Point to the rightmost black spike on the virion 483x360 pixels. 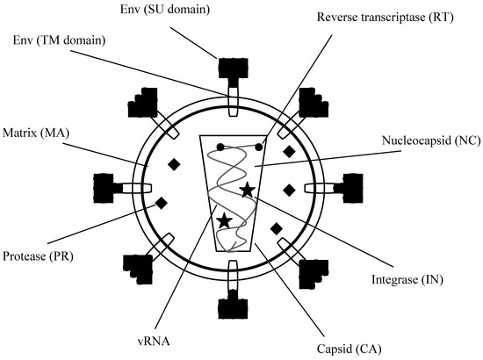[x=354, y=186]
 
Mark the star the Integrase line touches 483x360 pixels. [x=249, y=189]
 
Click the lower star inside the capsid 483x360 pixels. [x=225, y=220]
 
